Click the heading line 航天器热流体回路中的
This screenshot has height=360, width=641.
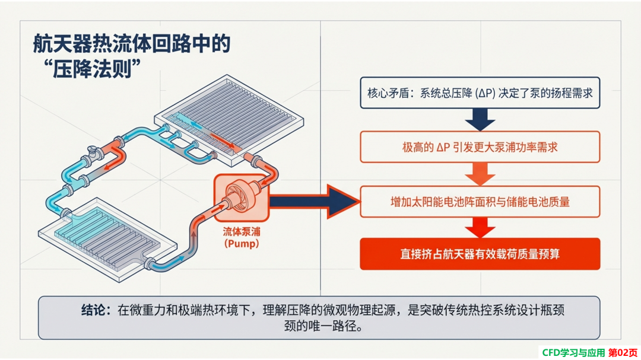[x=132, y=44]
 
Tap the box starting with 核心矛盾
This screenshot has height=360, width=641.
[x=480, y=93]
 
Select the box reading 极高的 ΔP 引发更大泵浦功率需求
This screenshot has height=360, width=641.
[x=480, y=147]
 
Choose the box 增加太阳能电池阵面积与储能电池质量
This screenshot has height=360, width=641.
[x=480, y=202]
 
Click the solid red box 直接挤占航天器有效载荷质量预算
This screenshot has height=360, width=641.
[x=480, y=254]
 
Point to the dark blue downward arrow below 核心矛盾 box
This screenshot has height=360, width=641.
[x=480, y=120]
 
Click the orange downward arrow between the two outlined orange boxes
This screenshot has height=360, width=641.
[x=480, y=174]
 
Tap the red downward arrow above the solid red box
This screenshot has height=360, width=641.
[x=480, y=228]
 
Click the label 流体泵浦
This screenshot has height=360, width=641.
[x=242, y=232]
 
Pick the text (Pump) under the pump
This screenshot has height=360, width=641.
[x=242, y=244]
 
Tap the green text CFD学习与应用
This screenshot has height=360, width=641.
[x=573, y=353]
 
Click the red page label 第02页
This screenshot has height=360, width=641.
[x=623, y=353]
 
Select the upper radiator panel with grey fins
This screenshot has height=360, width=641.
[x=229, y=120]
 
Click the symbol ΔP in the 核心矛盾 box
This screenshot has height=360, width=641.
[x=485, y=93]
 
